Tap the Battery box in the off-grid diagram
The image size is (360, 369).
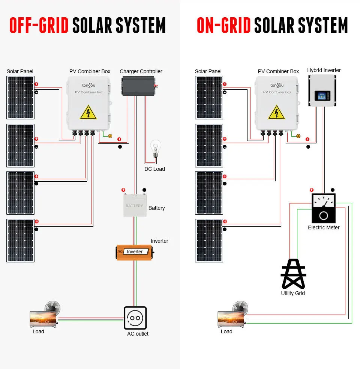click(134, 206)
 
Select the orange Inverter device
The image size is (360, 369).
click(134, 252)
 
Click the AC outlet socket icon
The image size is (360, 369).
click(135, 318)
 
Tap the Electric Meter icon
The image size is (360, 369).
click(323, 208)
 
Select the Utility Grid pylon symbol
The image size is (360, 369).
click(293, 274)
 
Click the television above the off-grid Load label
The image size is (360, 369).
click(43, 319)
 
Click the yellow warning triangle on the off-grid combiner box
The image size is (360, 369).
click(88, 112)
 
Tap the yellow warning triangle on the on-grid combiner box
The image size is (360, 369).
click(276, 112)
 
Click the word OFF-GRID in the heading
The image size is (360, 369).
click(39, 26)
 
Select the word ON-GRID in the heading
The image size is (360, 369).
click(223, 26)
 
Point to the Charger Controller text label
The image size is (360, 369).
click(141, 71)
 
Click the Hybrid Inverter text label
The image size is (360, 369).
click(324, 70)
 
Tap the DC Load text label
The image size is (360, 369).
click(154, 169)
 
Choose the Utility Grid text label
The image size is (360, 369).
click(293, 293)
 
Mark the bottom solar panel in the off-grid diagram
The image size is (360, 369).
click(21, 240)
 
